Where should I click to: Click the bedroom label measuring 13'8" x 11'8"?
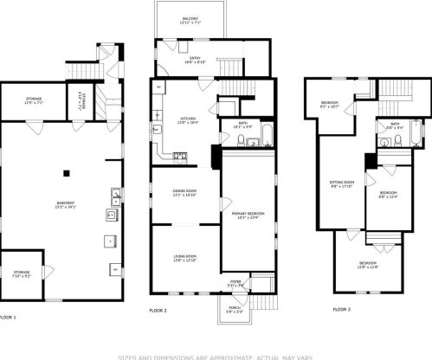point(369,264)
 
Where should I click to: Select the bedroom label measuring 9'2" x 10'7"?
point(329,105)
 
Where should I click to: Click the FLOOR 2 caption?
point(158,309)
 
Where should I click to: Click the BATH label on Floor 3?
point(395,126)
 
